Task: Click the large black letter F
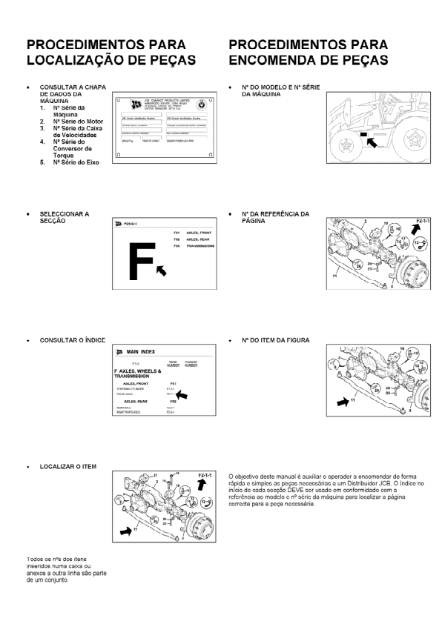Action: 141,262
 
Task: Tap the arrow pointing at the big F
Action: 161,274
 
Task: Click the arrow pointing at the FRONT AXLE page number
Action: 181,395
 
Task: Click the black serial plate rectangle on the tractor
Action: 363,133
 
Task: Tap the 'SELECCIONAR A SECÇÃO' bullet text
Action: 64,217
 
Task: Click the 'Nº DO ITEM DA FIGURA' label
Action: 275,340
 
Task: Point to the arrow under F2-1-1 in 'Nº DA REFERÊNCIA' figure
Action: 418,234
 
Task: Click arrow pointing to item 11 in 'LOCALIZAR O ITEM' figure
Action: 127,531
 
